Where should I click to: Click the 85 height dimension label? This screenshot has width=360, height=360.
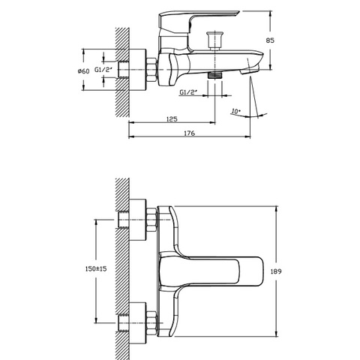tap(270, 40)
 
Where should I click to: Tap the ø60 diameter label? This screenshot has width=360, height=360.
tap(83, 71)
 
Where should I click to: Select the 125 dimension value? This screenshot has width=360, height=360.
tap(172, 118)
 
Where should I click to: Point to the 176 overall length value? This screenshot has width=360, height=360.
tap(189, 133)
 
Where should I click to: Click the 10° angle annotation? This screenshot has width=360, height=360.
tap(235, 111)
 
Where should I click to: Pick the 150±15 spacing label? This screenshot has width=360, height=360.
tap(96, 268)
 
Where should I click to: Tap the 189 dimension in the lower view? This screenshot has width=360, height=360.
tap(276, 271)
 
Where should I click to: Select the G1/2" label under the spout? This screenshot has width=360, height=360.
tap(187, 92)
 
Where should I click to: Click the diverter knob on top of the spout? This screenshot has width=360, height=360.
tap(214, 40)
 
